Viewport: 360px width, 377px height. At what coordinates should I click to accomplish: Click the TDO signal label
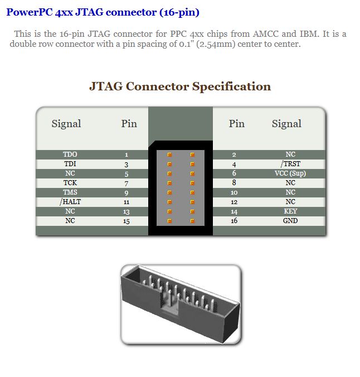(70, 154)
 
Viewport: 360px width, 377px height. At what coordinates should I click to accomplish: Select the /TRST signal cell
(290, 164)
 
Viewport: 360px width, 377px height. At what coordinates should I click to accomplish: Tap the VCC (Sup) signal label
(290, 173)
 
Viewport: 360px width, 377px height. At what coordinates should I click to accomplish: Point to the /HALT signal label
(70, 202)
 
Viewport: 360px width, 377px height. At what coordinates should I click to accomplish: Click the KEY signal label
(290, 211)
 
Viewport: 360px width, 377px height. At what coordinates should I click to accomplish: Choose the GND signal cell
(290, 221)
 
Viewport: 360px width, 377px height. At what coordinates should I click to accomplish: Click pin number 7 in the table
(127, 183)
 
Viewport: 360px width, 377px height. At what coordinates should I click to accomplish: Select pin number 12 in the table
(234, 202)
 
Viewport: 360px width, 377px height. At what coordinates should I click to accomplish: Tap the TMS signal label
(70, 192)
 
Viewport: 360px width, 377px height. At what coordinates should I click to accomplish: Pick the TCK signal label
(70, 183)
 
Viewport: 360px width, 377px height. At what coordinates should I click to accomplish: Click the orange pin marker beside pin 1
(169, 154)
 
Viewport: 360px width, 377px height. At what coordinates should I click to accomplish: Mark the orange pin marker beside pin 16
(192, 221)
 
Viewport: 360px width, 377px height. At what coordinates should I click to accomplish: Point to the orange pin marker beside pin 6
(192, 173)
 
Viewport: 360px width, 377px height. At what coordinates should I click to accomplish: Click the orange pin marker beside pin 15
(169, 221)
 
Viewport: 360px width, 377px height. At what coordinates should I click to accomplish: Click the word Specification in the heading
(231, 87)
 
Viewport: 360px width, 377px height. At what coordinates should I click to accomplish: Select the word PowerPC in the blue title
(30, 12)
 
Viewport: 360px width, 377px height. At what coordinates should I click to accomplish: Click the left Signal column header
(66, 124)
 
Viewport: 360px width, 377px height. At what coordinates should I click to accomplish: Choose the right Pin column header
(236, 124)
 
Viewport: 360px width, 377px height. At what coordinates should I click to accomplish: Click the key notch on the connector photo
(169, 304)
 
